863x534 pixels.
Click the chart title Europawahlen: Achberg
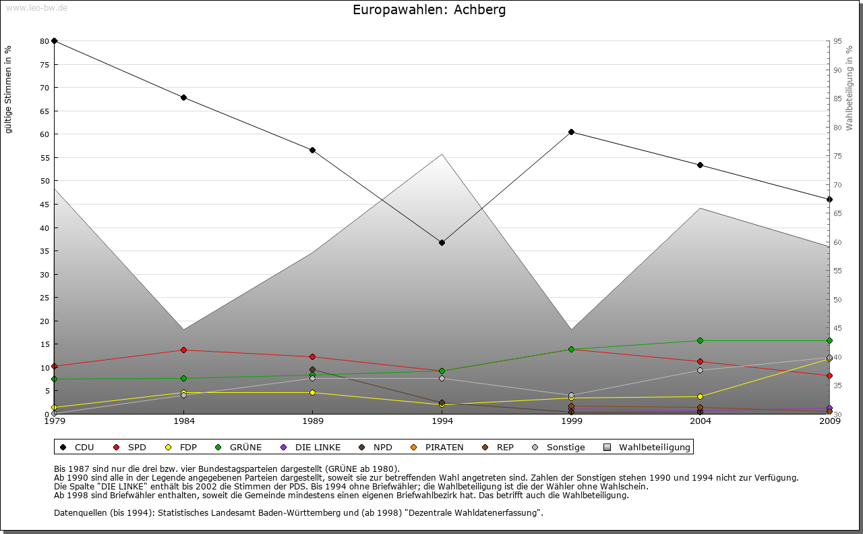point(429,10)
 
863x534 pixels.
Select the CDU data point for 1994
point(442,242)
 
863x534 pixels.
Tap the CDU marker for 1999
point(571,132)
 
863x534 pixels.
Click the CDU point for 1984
point(183,97)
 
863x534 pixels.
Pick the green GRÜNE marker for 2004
point(701,340)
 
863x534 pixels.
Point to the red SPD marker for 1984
point(183,350)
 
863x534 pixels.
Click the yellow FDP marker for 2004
point(701,396)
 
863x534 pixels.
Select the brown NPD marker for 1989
point(312,369)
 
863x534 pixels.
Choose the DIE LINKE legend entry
point(310,447)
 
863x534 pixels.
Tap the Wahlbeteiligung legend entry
point(647,447)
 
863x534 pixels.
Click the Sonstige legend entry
point(559,447)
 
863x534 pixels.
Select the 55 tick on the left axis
point(44,158)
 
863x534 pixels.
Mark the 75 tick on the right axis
point(837,156)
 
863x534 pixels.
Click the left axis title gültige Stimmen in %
point(9,89)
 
